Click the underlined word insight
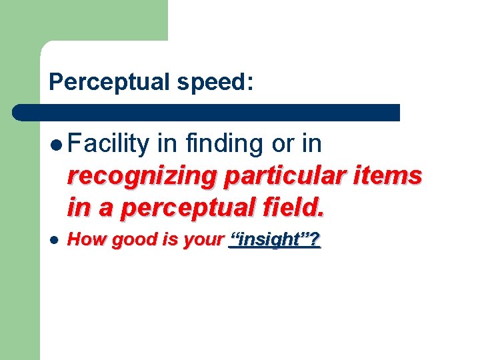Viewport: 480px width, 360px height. [269, 240]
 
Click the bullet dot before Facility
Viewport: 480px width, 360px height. [57, 144]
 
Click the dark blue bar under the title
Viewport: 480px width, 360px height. [207, 112]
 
